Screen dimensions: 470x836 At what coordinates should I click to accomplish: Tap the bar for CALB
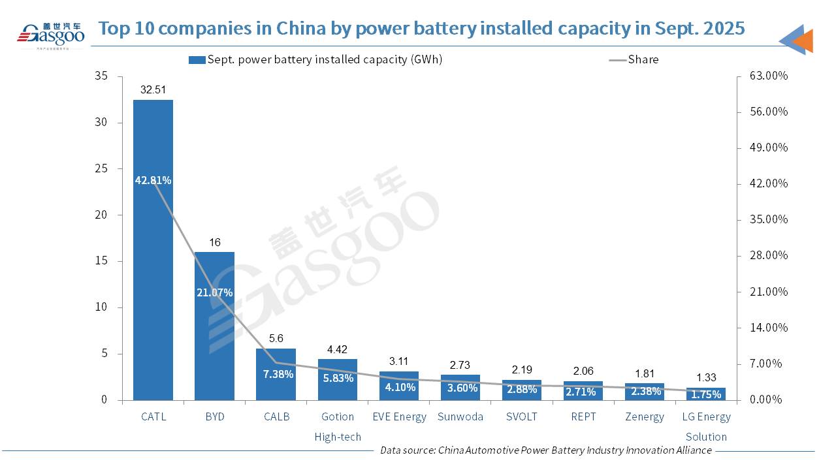click(276, 385)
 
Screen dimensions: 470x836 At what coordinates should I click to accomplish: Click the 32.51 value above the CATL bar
click(153, 90)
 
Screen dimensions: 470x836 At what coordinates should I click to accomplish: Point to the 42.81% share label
click(153, 180)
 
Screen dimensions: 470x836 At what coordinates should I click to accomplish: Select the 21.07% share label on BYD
click(214, 292)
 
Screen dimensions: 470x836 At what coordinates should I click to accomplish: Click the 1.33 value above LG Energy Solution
click(705, 377)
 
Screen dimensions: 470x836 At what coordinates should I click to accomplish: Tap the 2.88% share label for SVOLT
click(521, 390)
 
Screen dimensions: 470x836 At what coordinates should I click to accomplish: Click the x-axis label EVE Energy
click(398, 416)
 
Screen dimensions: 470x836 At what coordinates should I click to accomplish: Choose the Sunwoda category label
click(460, 416)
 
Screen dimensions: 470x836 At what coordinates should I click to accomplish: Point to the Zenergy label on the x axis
click(644, 416)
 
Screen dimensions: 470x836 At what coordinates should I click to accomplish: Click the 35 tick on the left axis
click(101, 76)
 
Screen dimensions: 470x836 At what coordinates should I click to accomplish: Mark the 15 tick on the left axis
click(101, 261)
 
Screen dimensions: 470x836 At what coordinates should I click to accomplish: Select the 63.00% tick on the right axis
click(768, 76)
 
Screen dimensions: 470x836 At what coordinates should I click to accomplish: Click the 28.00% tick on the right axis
click(768, 255)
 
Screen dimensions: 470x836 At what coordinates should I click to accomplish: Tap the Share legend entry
click(643, 59)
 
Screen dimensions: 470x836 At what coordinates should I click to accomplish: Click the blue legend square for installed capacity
click(197, 60)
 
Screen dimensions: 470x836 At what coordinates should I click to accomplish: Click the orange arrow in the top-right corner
click(802, 40)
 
